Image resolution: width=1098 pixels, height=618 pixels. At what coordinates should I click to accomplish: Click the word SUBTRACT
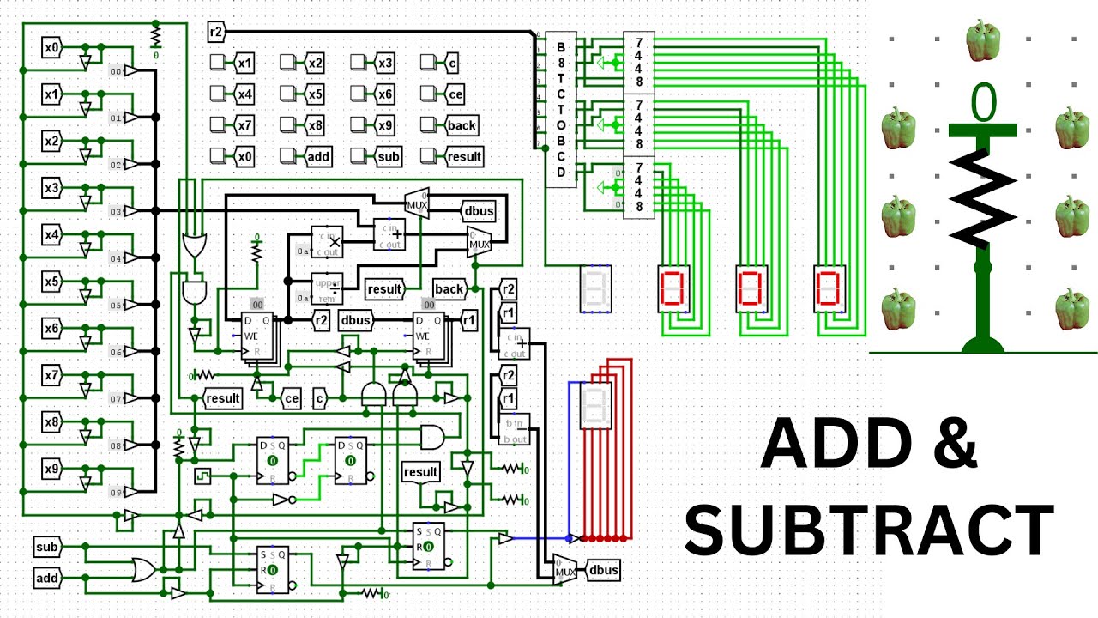tap(869, 530)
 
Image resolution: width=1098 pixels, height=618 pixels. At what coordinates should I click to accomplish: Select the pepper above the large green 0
tap(983, 40)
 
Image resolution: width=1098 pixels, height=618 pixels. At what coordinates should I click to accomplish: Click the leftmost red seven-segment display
tap(672, 288)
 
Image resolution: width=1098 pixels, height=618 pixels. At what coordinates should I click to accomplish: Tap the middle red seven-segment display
tap(751, 288)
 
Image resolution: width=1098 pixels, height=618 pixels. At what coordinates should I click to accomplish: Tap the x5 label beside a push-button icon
tap(315, 94)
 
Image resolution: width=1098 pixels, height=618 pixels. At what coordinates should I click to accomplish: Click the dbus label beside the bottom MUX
tap(601, 569)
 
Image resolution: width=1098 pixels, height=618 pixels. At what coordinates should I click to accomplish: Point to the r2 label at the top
tap(216, 33)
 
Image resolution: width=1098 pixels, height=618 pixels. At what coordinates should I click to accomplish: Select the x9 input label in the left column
tap(52, 470)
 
